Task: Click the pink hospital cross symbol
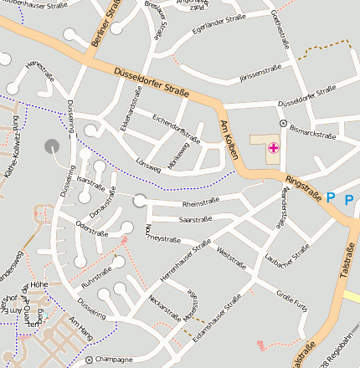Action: [274, 148]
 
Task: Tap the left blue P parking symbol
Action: [331, 197]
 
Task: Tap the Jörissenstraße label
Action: [260, 74]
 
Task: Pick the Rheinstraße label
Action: [201, 202]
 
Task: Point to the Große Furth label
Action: [291, 299]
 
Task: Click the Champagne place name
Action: [114, 360]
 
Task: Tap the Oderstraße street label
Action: [93, 226]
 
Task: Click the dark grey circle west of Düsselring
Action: [52, 145]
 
